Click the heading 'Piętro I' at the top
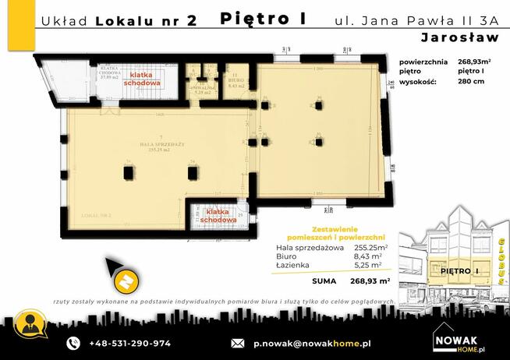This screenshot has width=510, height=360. click(x=264, y=17)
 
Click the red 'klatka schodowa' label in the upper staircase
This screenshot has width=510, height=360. click(x=141, y=80)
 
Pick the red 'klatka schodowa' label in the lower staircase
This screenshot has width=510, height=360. click(x=218, y=216)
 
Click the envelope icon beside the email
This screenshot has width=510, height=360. click(x=238, y=343)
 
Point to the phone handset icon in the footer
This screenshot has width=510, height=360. click(x=73, y=343)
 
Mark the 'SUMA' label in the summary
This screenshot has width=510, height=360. click(x=324, y=280)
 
